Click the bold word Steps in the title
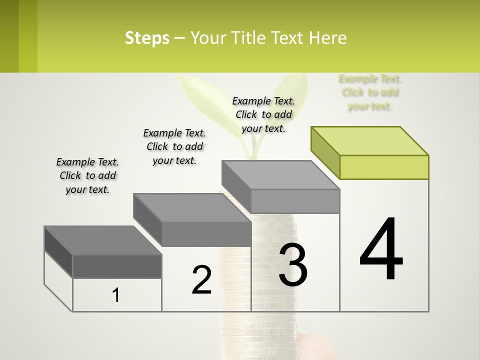[147, 38]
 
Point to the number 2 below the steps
[201, 280]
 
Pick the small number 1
[116, 295]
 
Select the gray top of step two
[192, 207]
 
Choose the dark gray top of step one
[103, 240]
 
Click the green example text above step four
[370, 92]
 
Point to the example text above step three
[263, 114]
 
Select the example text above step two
[174, 146]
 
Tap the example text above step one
[87, 175]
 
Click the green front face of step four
[384, 167]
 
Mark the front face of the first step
[117, 266]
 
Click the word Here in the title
[328, 38]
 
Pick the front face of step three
[295, 201]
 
